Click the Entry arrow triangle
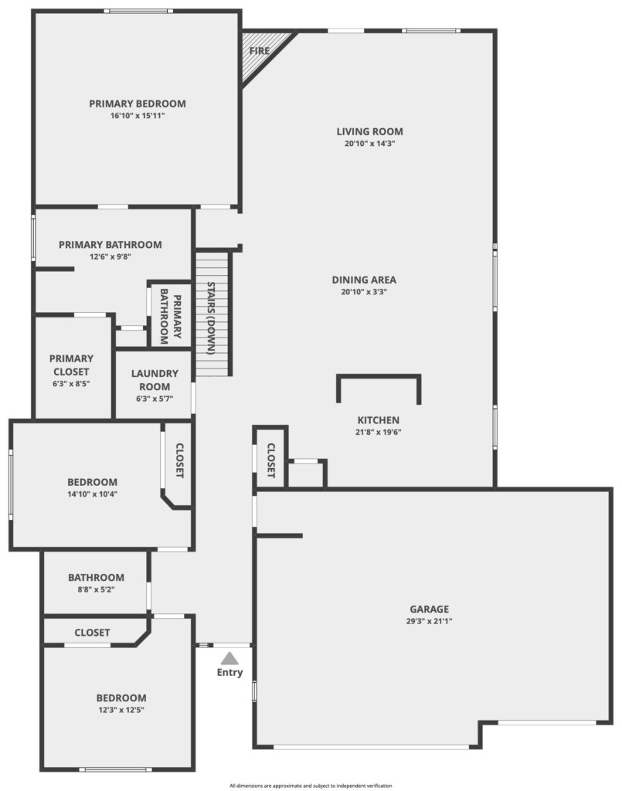[229, 658]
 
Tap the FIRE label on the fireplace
[260, 51]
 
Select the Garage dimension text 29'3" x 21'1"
[429, 621]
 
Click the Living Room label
[370, 131]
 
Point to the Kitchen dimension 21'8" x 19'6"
[379, 432]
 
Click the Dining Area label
[364, 280]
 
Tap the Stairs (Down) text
[212, 317]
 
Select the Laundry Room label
[155, 380]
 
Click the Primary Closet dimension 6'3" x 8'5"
[71, 383]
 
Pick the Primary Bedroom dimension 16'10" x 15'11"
[138, 116]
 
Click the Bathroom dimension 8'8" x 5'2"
[96, 589]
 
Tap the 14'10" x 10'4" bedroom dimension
[92, 494]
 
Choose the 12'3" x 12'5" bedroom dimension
[121, 710]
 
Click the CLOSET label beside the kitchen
[271, 460]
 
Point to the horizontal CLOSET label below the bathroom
[92, 633]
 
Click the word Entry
[229, 673]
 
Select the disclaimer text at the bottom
[311, 786]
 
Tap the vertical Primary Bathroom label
[171, 316]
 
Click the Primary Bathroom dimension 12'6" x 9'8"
[110, 256]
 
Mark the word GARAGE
[430, 609]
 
